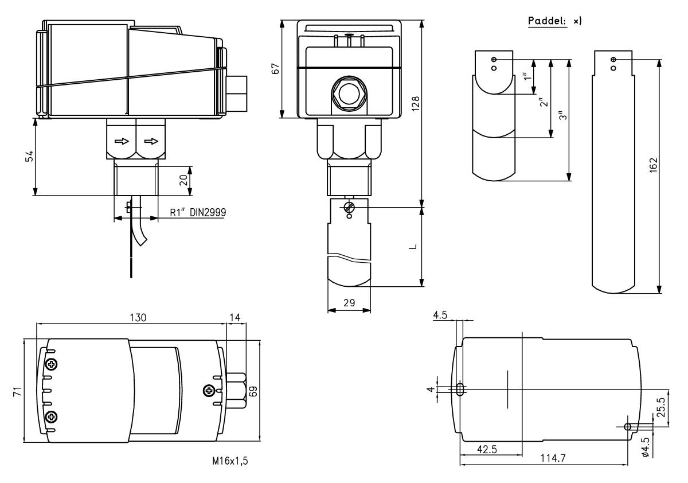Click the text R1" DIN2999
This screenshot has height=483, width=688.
point(198,212)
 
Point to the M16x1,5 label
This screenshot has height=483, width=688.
point(230,461)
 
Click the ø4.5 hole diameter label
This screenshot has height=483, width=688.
point(646,446)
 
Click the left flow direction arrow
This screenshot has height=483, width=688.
point(121,140)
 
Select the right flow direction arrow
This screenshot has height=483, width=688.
point(151,140)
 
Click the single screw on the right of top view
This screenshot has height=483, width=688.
point(209,391)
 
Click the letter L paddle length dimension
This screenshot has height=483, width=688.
point(413,247)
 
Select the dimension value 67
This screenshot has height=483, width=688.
point(276,67)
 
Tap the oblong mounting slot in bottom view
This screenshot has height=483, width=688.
point(460,389)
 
